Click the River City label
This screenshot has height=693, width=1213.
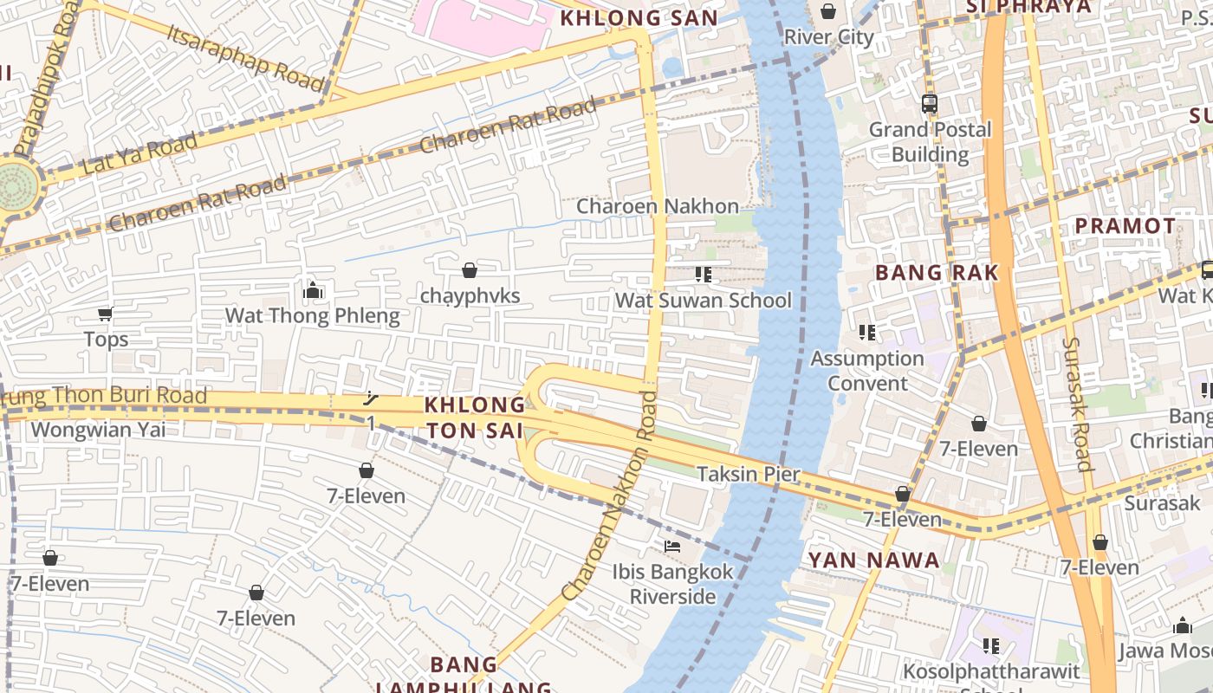[x=828, y=36]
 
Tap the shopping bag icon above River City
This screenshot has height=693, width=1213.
[x=828, y=11]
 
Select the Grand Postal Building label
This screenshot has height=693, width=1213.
[x=930, y=142]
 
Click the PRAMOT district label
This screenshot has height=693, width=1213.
[x=1125, y=226]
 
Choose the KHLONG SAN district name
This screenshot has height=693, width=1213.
[x=639, y=18]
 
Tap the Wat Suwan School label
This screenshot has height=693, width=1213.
[x=704, y=301]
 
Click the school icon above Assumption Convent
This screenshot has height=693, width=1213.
[x=866, y=332]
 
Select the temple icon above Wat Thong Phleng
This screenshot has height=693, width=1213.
[x=313, y=290]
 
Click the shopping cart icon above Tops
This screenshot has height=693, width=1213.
[x=106, y=314]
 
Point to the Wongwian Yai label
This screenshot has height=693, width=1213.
[x=98, y=430]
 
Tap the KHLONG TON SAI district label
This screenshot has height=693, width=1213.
[x=475, y=418]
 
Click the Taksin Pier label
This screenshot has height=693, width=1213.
[x=749, y=474]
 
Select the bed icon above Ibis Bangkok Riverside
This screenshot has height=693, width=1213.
[x=672, y=547]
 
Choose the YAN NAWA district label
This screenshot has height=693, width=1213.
[x=873, y=560]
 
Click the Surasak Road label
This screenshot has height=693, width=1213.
[x=1077, y=403]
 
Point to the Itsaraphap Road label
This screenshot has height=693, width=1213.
[x=246, y=56]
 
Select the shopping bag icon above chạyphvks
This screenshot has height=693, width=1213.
[x=470, y=270]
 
